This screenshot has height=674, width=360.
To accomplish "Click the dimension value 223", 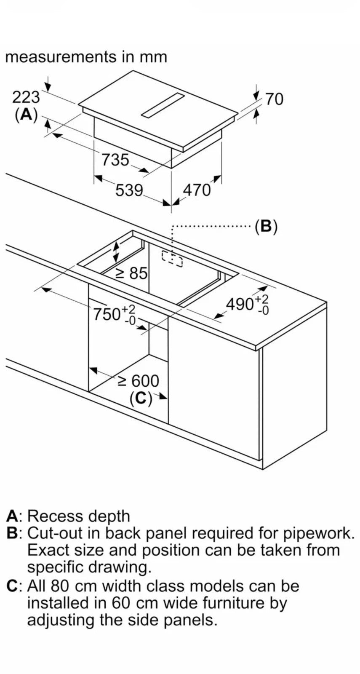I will tap(26, 97).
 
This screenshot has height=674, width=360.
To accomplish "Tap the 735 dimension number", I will tap(115, 160).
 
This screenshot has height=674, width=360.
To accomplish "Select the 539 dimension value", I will tap(129, 190).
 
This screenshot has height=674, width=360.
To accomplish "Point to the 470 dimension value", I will tap(196, 190).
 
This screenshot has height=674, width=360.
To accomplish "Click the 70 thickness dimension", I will tap(274, 99).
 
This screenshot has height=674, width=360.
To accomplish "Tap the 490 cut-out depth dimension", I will tap(247, 304).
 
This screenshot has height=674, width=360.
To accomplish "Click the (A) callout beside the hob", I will tap(26, 114).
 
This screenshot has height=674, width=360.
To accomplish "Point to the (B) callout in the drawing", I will tap(266, 227).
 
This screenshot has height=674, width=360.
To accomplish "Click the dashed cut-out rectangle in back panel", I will tap(172, 259).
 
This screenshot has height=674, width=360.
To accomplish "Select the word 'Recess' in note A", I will tap(54, 516).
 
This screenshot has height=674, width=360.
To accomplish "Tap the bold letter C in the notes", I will tap(12, 586).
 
